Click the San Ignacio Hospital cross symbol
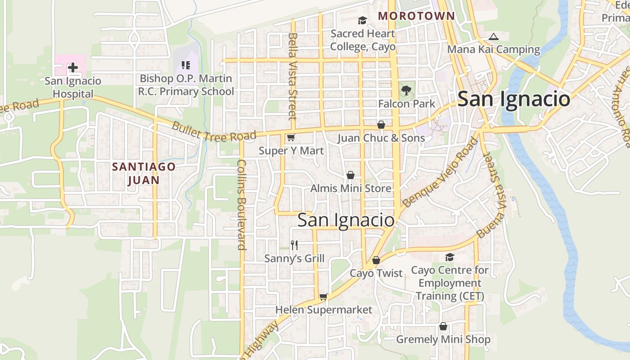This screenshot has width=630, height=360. (x=72, y=68)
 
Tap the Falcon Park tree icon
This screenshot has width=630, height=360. (x=406, y=90)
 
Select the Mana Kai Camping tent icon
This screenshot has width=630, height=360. (x=494, y=36)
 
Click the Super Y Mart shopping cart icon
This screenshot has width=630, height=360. (x=291, y=138)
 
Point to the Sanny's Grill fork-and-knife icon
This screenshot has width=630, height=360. (x=294, y=245)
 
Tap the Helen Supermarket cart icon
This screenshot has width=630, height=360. (x=323, y=297)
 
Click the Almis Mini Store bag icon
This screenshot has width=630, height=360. (x=351, y=175)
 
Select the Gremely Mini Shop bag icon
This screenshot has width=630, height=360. (x=443, y=326)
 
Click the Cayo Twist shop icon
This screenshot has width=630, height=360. (x=376, y=260)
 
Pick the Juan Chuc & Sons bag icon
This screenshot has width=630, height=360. (x=381, y=125)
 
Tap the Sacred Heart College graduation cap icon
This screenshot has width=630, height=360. (x=362, y=20)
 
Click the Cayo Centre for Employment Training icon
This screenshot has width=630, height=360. (x=450, y=257)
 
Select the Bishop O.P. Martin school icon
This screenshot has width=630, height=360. (x=185, y=66)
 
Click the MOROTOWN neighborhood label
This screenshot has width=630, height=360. (x=416, y=16)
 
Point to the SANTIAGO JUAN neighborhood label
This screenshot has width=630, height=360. (x=144, y=173)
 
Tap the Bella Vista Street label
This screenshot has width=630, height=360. (x=293, y=76)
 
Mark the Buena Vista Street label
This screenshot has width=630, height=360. (x=494, y=196)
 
